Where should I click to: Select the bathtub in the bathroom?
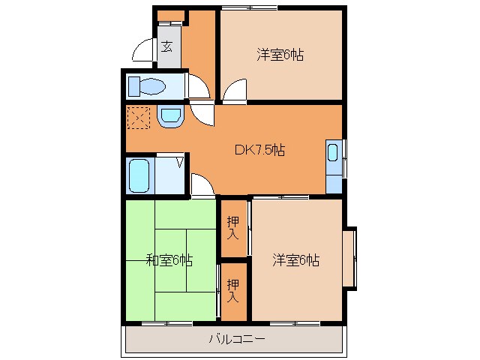tap(139, 175)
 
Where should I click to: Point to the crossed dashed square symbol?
tap(139, 118)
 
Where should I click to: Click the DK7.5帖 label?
tap(259, 148)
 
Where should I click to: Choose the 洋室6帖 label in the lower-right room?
tap(295, 260)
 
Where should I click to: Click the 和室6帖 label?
tap(169, 260)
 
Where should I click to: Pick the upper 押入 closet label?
tap(233, 226)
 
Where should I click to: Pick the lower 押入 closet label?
tap(233, 289)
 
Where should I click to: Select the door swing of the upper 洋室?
tap(234, 91)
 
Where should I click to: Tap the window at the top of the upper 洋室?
tap(249, 8)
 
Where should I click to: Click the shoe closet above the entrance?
tap(170, 16)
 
